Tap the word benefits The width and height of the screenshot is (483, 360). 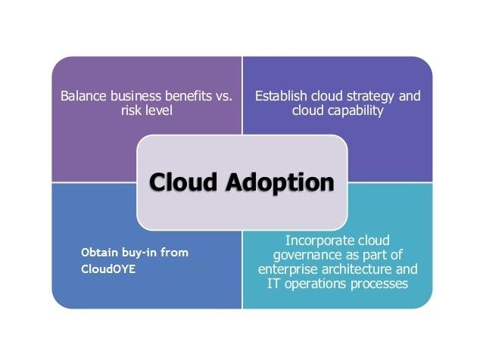[x=189, y=96]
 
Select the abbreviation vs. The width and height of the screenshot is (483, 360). [x=223, y=97]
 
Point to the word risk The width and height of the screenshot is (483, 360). [x=131, y=110]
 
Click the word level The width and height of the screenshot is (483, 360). [x=159, y=110]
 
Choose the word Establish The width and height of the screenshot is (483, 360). [x=281, y=96]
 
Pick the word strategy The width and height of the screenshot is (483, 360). [x=367, y=97]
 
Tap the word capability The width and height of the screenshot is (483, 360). [x=356, y=111]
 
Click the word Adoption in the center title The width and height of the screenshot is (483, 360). [x=280, y=183]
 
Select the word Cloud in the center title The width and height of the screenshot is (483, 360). [x=183, y=182]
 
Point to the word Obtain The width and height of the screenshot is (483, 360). [x=99, y=253]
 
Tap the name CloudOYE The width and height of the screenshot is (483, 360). [x=108, y=269]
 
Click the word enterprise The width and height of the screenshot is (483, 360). [x=288, y=270]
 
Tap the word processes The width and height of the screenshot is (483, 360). [x=379, y=284]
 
